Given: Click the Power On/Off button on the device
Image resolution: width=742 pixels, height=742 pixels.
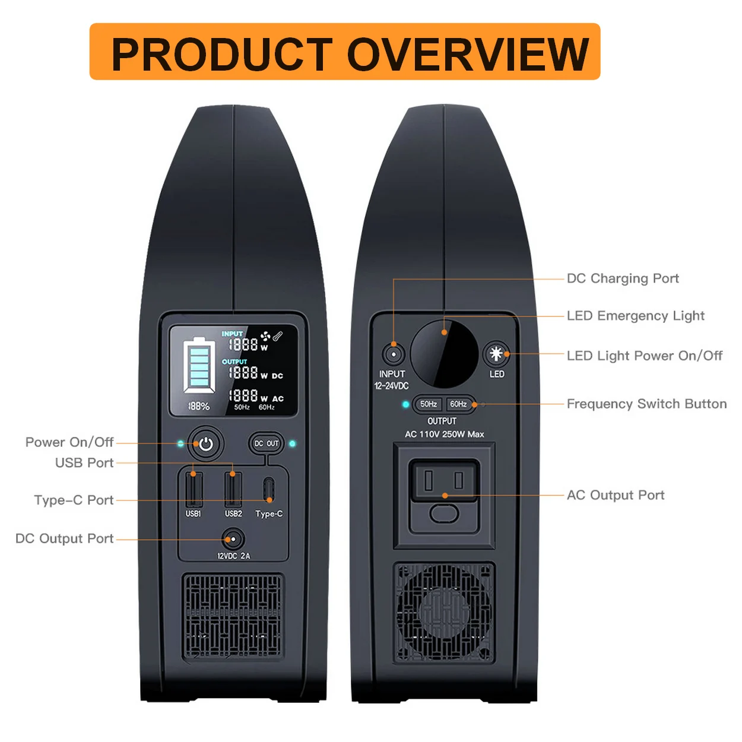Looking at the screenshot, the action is coord(206,444).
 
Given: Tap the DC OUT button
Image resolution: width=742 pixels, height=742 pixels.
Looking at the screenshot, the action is coord(267,443).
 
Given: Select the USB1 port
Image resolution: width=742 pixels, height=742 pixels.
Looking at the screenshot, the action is coord(194,489).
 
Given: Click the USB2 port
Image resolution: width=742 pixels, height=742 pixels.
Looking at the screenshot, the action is coord(233,489).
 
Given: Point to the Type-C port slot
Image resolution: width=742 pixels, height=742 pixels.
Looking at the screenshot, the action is coord(269,490).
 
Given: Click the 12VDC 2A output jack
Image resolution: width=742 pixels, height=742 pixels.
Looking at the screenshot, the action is coord(233,540).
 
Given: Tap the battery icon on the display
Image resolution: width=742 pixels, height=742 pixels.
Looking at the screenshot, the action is coord(199,365).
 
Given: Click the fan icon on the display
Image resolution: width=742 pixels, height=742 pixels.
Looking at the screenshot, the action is coord(265,336).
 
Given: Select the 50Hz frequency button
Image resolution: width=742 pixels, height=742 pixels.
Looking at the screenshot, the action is coord(429,404).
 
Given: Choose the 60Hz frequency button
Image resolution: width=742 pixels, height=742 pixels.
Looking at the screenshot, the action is coord(459,404).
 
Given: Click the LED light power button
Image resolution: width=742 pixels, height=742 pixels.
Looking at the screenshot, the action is coord(496,354).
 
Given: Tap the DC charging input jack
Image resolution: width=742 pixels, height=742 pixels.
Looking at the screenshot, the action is coord(393,355).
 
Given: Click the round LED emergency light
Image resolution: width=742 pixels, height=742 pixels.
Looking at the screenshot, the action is coord(444,354).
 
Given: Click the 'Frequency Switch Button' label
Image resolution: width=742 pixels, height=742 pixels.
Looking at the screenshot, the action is coord(646,404).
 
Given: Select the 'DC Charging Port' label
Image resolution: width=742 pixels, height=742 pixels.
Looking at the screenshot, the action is coord(623,278).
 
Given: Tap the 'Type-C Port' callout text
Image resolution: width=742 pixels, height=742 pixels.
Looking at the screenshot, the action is coord(74,500).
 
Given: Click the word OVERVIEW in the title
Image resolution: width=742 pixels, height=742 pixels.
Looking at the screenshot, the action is coord(468,54).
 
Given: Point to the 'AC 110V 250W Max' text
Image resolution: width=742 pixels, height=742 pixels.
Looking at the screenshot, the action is coord(445,435).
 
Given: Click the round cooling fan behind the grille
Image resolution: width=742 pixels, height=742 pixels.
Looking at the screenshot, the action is coord(444,611).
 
